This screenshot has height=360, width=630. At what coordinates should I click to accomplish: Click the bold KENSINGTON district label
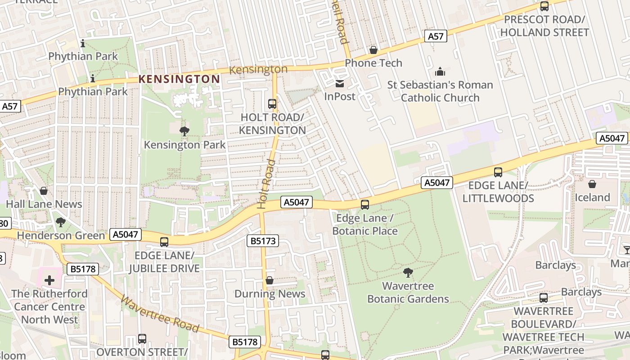point(179,79)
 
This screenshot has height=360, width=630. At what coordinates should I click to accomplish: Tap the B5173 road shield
point(263,241)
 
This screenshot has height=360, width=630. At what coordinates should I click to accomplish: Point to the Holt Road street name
point(265,184)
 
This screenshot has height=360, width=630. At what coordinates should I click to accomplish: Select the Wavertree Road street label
point(160,315)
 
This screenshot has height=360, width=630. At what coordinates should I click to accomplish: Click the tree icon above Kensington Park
point(184,131)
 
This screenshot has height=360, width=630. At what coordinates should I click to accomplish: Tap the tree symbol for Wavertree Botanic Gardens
point(408,272)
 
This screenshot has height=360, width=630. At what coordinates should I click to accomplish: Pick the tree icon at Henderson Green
point(60,222)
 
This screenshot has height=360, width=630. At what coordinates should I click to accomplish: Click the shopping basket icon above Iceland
point(592,184)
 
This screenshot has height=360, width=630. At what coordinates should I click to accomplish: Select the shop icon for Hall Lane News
point(44,191)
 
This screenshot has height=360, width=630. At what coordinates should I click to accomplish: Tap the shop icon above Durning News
point(270,281)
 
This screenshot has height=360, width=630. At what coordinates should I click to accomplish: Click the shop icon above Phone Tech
point(373,50)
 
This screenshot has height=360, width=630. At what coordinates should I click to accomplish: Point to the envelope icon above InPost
point(340,84)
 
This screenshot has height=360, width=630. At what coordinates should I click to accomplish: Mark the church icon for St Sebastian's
point(440,72)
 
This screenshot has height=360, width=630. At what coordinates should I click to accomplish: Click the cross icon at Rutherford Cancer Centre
point(49,281)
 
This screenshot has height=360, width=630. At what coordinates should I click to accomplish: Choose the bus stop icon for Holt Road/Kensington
point(272,104)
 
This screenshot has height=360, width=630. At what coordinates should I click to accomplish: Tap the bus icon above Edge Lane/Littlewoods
point(498,172)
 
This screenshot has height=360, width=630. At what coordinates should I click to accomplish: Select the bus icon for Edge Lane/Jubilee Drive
point(164,242)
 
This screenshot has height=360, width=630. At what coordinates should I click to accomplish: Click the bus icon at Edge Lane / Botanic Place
point(365,205)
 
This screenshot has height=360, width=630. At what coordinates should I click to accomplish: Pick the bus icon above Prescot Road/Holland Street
point(544,6)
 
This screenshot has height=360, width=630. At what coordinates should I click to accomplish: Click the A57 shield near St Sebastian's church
point(436,36)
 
